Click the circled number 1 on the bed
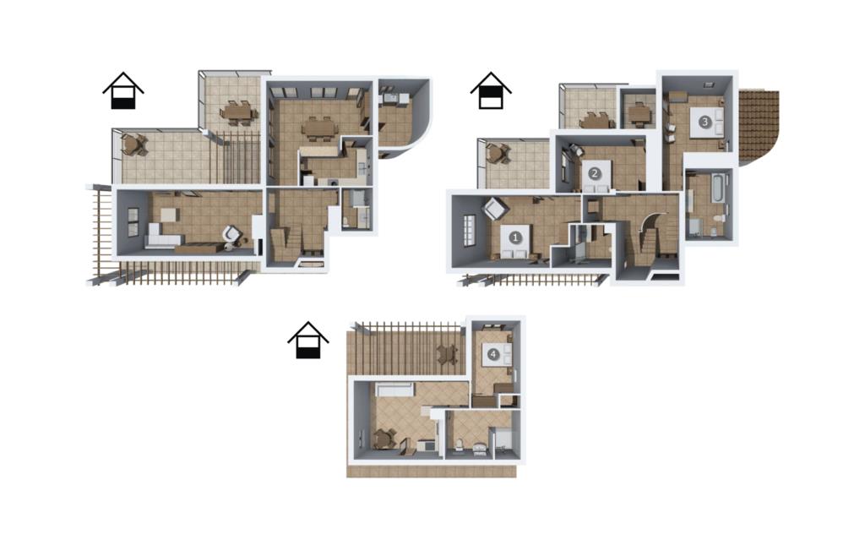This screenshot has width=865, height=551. [x=515, y=238]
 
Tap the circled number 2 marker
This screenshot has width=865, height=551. [x=594, y=173]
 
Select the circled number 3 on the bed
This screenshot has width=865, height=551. [x=705, y=122]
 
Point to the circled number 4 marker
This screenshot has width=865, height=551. [x=493, y=354]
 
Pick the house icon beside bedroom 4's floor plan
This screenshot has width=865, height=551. [x=307, y=340]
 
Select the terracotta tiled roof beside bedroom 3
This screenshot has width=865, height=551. [x=758, y=126]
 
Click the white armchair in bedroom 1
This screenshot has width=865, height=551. [x=495, y=210]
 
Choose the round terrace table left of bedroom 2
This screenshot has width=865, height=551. [x=498, y=153]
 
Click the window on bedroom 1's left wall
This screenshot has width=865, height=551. [x=468, y=230]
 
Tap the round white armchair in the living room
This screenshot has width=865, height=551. [x=231, y=235]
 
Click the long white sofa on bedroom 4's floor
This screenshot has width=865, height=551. [x=394, y=390]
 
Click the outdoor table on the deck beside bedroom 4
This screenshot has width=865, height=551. [x=448, y=353]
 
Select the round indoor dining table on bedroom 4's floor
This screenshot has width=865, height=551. [x=383, y=439]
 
